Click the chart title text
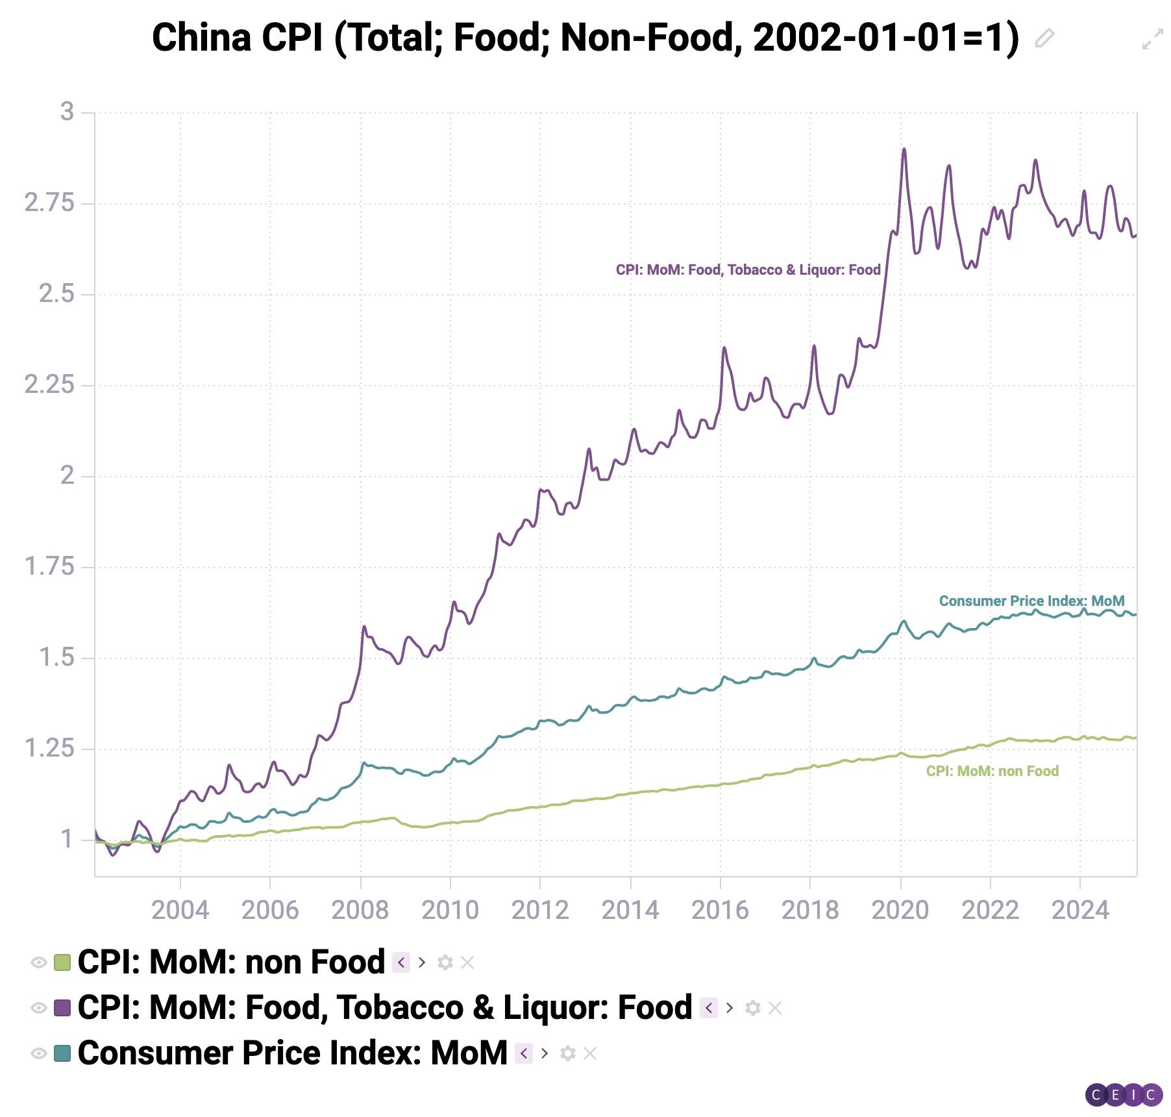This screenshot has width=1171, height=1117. (584, 38)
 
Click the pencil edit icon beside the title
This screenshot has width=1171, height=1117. (1044, 38)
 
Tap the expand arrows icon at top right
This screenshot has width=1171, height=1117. (1152, 39)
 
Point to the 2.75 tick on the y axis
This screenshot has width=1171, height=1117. (49, 203)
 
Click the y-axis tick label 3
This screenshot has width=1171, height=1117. (67, 112)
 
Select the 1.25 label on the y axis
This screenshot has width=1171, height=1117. (49, 749)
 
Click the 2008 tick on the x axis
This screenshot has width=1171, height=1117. (360, 910)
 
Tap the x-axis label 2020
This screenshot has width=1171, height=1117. (900, 910)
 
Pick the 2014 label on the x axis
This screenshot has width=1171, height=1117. (630, 910)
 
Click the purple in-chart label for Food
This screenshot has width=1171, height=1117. (748, 270)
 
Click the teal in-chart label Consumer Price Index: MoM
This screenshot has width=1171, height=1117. (1031, 601)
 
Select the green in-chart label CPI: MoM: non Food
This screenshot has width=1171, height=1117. (992, 772)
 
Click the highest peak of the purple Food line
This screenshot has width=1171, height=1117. (904, 150)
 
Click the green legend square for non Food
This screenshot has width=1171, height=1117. (62, 962)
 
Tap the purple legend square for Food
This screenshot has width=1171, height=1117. (62, 1008)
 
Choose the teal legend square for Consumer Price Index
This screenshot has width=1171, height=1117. (62, 1053)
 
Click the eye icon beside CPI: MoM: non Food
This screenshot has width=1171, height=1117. (38, 962)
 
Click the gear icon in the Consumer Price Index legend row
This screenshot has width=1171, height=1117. (568, 1053)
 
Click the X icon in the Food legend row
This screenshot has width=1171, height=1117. (775, 1008)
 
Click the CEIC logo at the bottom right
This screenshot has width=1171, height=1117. (1124, 1095)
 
